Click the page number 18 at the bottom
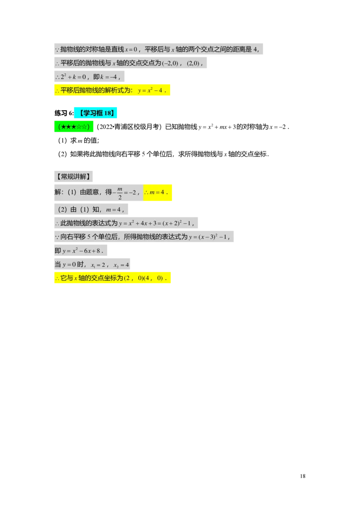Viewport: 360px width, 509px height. click(302, 476)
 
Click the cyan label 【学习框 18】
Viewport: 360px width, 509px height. click(95, 113)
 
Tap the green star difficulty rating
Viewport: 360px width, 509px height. click(74, 127)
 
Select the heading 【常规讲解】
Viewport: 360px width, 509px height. click(73, 176)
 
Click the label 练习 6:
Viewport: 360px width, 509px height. click(64, 113)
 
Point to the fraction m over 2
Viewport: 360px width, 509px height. click(120, 193)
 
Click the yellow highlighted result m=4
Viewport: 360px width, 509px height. click(157, 192)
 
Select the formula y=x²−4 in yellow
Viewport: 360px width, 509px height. click(150, 90)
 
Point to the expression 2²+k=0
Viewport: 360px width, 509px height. click(73, 76)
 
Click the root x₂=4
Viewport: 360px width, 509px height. click(121, 265)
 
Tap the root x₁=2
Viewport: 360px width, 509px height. click(98, 265)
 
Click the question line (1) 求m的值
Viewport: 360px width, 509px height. click(79, 140)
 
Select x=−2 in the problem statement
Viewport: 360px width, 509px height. click(278, 127)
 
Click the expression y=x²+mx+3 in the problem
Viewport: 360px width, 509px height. click(217, 127)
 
